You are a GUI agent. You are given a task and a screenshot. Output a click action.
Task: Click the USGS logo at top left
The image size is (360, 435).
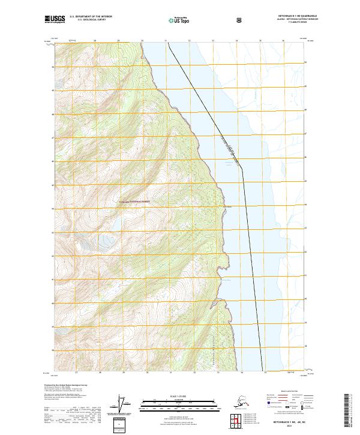[55, 20]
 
